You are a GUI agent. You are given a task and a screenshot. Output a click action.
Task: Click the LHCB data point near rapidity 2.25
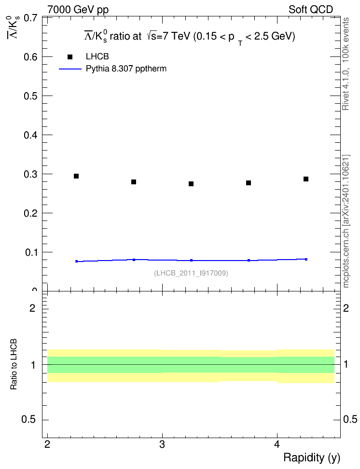click(76, 176)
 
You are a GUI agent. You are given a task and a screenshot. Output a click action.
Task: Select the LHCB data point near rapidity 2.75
click(134, 182)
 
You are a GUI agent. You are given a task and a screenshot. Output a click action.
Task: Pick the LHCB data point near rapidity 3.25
click(191, 184)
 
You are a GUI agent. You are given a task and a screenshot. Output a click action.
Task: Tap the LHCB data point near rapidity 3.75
click(249, 183)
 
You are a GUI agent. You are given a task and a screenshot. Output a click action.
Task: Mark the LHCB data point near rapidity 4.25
click(306, 179)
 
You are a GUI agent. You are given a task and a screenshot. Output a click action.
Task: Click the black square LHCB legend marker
click(70, 57)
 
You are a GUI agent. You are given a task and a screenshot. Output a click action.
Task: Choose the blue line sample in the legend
click(70, 69)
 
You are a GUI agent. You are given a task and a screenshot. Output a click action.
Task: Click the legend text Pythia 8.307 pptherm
click(126, 69)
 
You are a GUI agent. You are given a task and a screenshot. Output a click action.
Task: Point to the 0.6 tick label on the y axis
click(31, 57)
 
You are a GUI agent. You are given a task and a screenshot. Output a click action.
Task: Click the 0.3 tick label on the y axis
click(31, 174)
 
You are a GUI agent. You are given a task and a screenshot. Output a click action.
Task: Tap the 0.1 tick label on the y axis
click(31, 252)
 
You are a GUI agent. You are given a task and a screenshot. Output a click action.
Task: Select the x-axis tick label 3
click(162, 444)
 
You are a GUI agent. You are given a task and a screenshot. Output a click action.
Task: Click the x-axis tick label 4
click(277, 444)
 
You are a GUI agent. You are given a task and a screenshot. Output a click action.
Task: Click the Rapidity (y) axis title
click(312, 458)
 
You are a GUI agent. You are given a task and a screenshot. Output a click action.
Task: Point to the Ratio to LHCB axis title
click(14, 364)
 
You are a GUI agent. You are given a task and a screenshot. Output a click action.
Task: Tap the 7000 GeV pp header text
click(78, 10)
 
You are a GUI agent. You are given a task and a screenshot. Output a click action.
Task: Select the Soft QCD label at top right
click(311, 10)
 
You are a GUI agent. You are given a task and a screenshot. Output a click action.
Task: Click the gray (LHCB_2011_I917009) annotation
click(191, 273)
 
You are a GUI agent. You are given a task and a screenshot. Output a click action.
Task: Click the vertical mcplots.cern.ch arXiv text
click(346, 221)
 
